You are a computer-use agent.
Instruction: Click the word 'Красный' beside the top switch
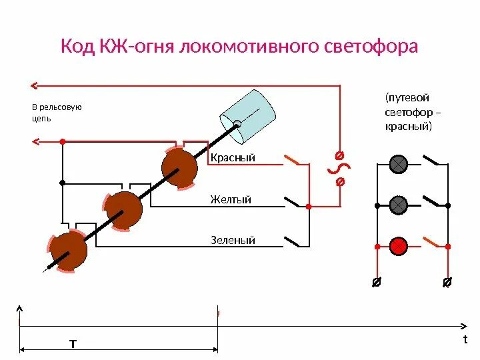[233, 158]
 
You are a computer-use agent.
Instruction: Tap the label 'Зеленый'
[233, 240]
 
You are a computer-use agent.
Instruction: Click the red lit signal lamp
[399, 246]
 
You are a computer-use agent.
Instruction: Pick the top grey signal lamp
[399, 163]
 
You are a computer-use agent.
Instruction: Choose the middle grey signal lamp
[399, 205]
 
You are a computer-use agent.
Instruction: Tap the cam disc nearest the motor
[179, 167]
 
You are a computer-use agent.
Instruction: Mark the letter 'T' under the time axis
[73, 344]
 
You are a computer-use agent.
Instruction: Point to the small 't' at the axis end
[465, 339]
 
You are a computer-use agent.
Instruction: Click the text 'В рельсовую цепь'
[57, 113]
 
